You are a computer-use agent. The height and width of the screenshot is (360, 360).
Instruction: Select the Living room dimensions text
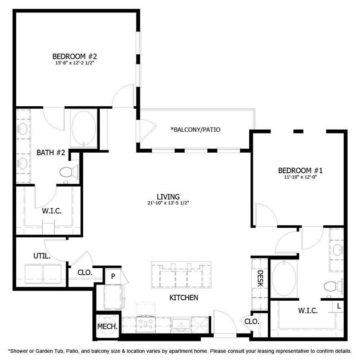coord(168,203)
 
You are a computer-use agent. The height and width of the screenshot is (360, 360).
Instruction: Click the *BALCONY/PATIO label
coord(196,129)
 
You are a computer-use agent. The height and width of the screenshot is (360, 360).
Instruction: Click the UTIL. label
coord(42,256)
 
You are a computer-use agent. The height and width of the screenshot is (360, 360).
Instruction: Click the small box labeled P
coord(113,276)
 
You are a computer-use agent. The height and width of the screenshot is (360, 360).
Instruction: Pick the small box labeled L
coord(339,306)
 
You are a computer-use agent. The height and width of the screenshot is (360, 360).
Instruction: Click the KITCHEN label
coord(184,298)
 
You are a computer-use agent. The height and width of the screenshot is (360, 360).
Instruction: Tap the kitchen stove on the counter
coord(146,324)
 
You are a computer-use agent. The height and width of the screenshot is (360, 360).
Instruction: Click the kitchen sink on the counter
coord(182,325)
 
